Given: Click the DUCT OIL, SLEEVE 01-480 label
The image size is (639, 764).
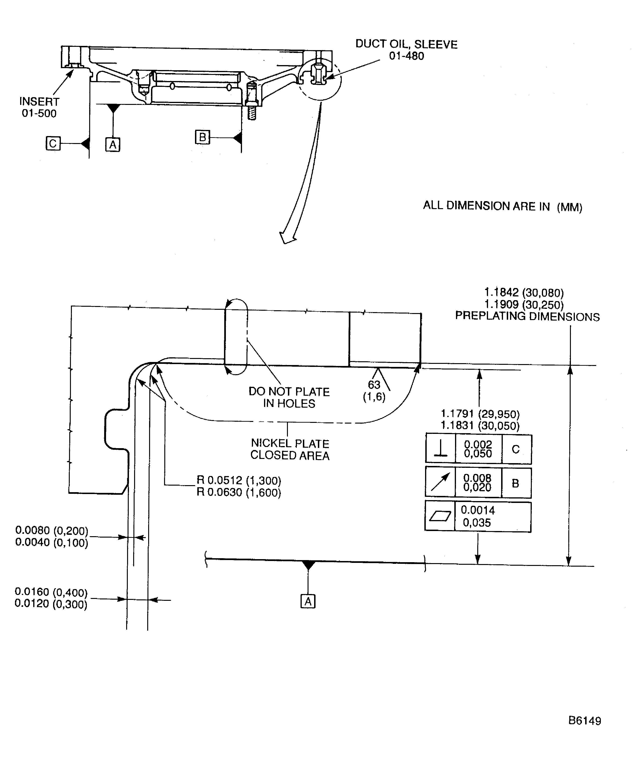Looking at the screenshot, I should [406, 50].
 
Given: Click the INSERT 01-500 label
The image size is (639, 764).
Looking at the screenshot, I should [39, 107].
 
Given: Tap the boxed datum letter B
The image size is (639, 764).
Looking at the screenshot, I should [202, 137].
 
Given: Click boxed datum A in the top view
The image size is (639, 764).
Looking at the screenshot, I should [113, 145].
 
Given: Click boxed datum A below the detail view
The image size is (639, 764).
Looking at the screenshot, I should [308, 601].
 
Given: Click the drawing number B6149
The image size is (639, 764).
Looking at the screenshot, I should [584, 721].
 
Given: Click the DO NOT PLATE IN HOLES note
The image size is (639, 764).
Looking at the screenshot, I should [289, 397].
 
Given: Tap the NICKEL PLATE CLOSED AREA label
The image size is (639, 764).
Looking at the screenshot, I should [290, 449].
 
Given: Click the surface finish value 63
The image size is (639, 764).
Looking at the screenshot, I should [374, 384].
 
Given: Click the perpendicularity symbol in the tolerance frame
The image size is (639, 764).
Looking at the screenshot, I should [441, 449].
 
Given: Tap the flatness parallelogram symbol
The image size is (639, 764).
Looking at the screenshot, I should [440, 516].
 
